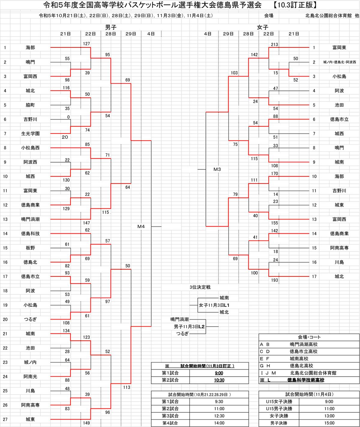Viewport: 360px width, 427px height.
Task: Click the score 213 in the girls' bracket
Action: click(x=274, y=45)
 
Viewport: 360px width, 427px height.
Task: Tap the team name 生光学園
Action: click(x=30, y=133)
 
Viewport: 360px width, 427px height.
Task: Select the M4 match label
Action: click(x=141, y=226)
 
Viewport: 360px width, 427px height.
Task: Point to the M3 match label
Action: click(x=217, y=169)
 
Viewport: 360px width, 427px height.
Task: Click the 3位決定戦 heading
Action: click(x=200, y=287)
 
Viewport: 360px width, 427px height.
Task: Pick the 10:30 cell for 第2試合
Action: click(x=219, y=380)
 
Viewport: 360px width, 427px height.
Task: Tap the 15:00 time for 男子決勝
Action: click(x=329, y=423)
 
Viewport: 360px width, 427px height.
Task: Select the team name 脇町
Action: click(x=30, y=105)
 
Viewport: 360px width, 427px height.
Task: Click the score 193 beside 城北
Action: click(x=274, y=280)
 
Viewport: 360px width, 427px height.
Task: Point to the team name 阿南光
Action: click(x=30, y=376)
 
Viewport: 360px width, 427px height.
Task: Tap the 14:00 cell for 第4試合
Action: click(x=219, y=423)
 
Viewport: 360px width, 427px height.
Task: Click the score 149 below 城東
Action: click(x=86, y=423)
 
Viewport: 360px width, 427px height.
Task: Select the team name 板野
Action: click(x=30, y=248)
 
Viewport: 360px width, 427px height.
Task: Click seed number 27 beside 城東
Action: click(x=5, y=419)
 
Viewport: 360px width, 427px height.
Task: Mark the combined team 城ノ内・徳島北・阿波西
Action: click(x=339, y=62)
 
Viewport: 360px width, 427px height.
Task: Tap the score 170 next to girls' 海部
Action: click(x=274, y=173)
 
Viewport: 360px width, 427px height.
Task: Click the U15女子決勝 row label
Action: click(x=279, y=402)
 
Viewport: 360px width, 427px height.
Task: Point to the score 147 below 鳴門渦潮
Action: click(x=86, y=223)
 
